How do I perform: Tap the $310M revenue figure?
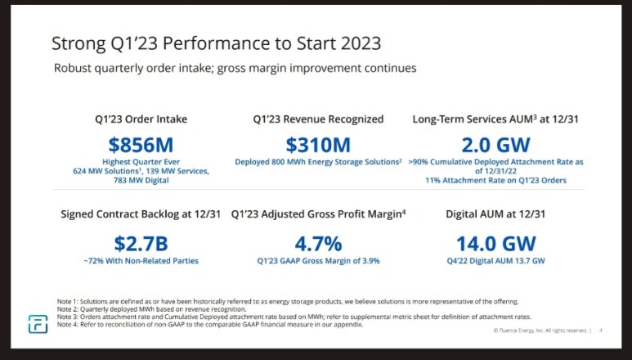(319, 145)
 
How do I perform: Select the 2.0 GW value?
(495, 145)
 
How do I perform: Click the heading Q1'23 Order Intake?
(141, 119)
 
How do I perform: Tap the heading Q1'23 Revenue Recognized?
(319, 119)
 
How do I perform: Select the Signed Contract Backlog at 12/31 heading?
(141, 214)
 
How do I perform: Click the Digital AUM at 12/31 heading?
(495, 214)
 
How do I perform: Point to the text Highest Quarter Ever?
(141, 162)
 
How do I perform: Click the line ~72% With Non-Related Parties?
(141, 261)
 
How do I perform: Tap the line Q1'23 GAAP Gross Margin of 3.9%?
(319, 261)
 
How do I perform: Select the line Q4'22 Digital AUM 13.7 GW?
(495, 261)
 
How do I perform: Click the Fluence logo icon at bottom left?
(38, 324)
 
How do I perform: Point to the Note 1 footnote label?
(69, 301)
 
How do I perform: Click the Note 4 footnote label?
(69, 325)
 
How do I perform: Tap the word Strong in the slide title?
(78, 43)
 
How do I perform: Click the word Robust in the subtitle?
(75, 68)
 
